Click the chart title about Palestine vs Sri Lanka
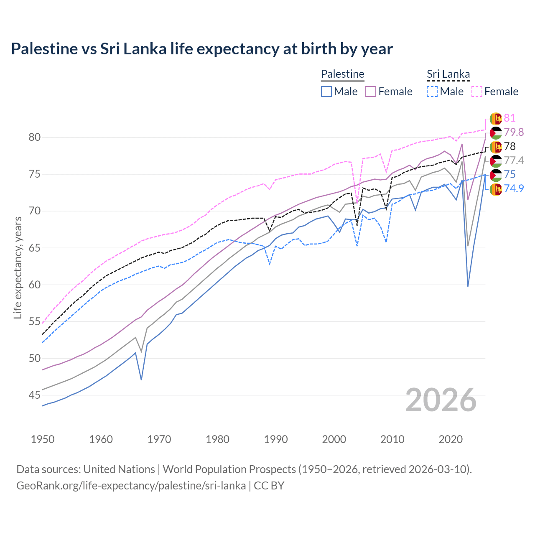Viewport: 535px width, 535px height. tap(201, 49)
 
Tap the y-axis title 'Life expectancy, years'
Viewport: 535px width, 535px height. tap(18, 267)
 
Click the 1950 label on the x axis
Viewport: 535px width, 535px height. tap(43, 439)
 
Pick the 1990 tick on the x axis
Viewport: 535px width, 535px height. tap(276, 439)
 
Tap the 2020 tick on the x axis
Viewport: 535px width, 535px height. tap(451, 439)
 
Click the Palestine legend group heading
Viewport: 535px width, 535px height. tap(343, 74)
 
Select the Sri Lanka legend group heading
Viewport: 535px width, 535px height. tap(448, 74)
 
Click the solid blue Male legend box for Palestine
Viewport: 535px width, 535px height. tap(326, 92)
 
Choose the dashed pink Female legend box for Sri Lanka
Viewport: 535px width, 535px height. tap(477, 92)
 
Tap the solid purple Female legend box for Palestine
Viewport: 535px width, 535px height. tap(371, 92)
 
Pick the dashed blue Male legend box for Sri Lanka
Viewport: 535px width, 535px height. tap(432, 92)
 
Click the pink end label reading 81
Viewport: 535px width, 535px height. tap(510, 118)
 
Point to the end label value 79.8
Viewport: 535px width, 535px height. tap(514, 132)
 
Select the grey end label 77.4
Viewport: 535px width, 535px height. tap(514, 160)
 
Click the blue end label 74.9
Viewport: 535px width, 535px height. tap(514, 189)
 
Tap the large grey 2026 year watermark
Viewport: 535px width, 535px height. tap(441, 400)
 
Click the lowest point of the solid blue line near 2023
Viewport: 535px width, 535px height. tap(468, 286)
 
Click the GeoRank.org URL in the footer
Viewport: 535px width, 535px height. tap(131, 486)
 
